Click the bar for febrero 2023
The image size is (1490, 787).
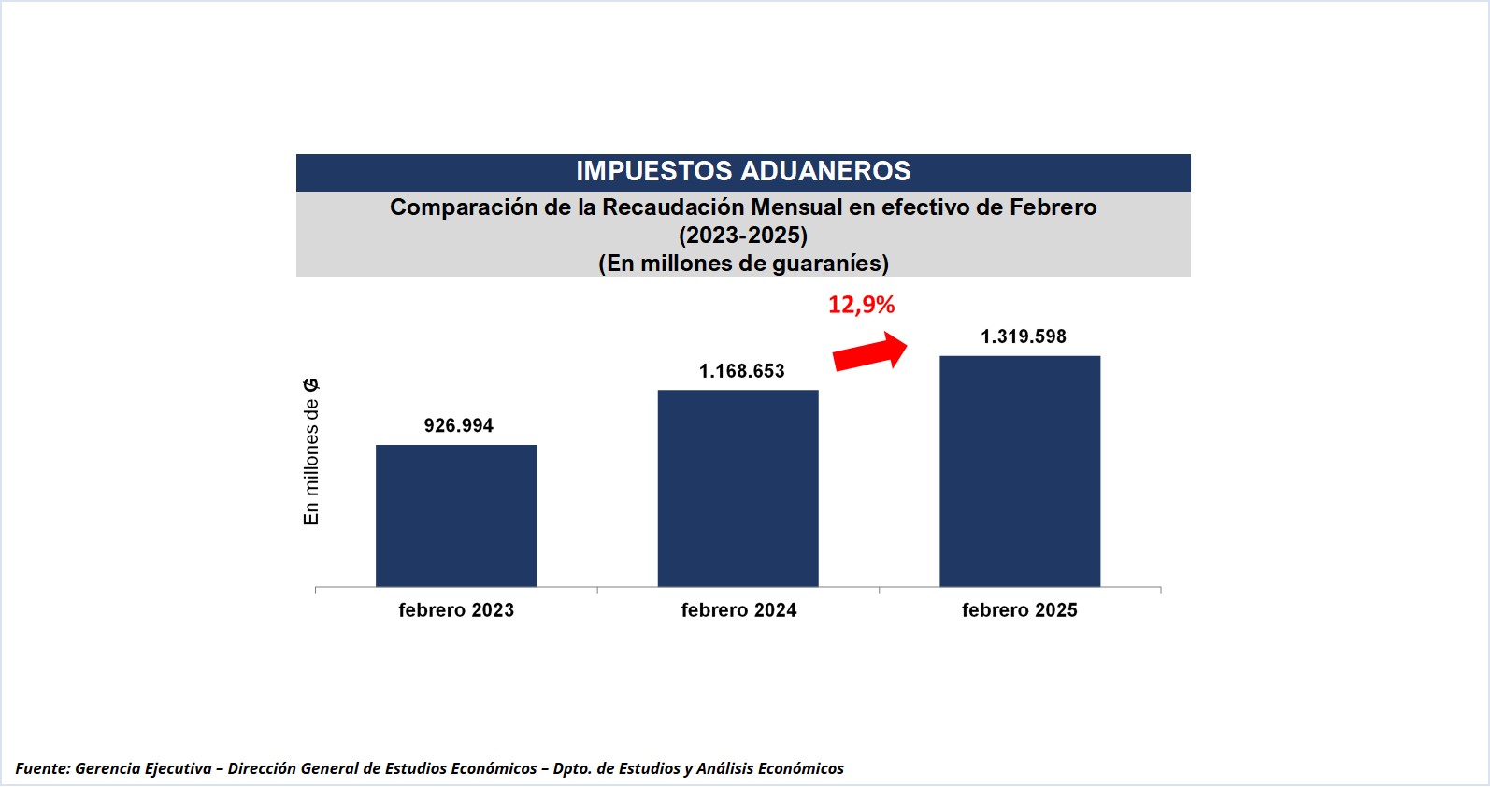click(x=456, y=515)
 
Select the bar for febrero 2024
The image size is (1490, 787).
click(x=738, y=488)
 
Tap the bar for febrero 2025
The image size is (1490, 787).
click(x=1020, y=471)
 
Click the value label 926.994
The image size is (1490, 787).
click(x=458, y=425)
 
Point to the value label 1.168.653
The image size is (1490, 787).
click(x=741, y=371)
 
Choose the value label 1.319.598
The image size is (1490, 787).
click(x=1023, y=336)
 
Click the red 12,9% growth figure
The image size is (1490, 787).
click(x=861, y=305)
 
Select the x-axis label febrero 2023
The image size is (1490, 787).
click(x=456, y=610)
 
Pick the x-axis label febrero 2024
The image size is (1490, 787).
click(x=738, y=610)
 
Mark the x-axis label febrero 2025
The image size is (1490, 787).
click(x=1019, y=610)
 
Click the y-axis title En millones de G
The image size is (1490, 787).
click(x=311, y=451)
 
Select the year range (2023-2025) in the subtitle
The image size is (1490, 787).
click(x=743, y=236)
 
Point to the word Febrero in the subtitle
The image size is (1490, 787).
click(x=1053, y=207)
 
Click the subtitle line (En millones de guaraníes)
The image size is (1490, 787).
click(x=743, y=264)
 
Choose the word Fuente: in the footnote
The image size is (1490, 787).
click(x=42, y=768)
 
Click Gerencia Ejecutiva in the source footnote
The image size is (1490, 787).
click(x=143, y=768)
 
